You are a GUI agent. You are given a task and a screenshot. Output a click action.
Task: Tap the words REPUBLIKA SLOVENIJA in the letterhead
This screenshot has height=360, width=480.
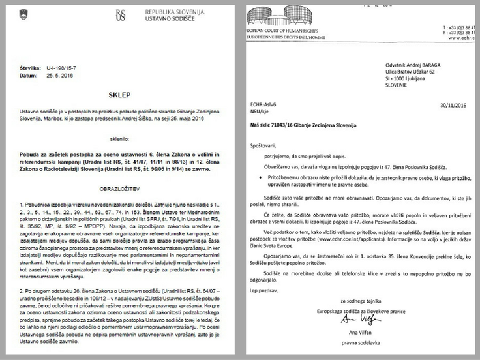pyautogui.click(x=173, y=12)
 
